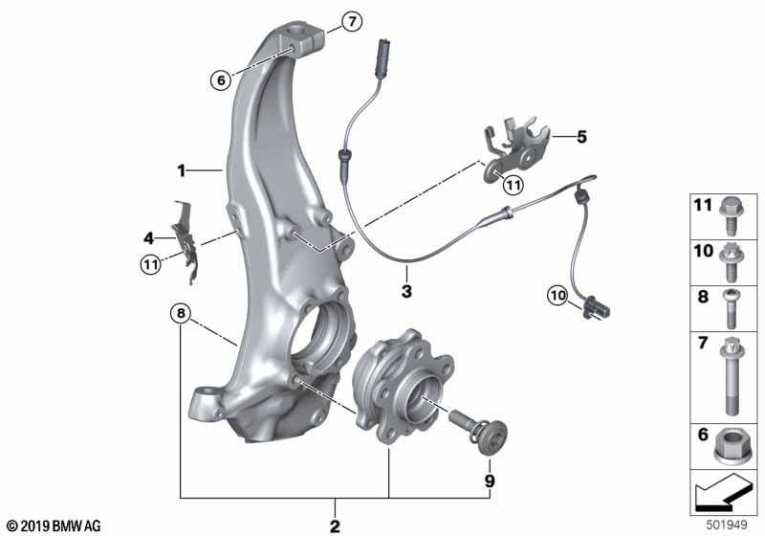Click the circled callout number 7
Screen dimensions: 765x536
click(x=352, y=21)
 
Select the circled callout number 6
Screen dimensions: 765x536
click(x=221, y=79)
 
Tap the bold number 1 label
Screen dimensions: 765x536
click(x=182, y=171)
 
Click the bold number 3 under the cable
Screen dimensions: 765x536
click(x=406, y=291)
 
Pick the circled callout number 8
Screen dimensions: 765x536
click(x=181, y=313)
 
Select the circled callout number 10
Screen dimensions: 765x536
click(x=558, y=295)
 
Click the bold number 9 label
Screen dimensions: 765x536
click(x=490, y=481)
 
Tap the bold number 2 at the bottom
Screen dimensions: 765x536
click(x=335, y=526)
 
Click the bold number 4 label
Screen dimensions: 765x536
click(x=148, y=238)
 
